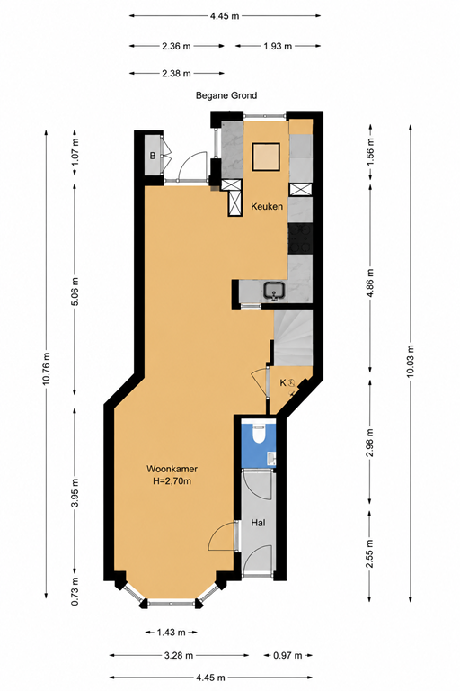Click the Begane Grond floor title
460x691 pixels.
point(226,95)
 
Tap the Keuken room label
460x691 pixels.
point(267,206)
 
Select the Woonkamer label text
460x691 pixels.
point(172,469)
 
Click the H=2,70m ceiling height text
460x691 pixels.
point(172,481)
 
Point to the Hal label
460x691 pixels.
point(259,523)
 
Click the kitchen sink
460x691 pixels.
point(275,291)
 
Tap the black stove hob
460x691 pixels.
point(300,238)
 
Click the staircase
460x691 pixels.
point(293,337)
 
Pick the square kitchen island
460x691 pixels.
point(266,157)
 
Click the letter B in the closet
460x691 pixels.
point(153,156)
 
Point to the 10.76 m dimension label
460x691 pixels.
point(47,368)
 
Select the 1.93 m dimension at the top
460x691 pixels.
point(278,46)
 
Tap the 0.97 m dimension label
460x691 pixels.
point(287,655)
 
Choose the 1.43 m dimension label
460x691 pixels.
point(172,633)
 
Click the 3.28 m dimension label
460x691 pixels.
point(179,655)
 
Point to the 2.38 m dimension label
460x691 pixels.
point(176,74)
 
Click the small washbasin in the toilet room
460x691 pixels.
point(272,459)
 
